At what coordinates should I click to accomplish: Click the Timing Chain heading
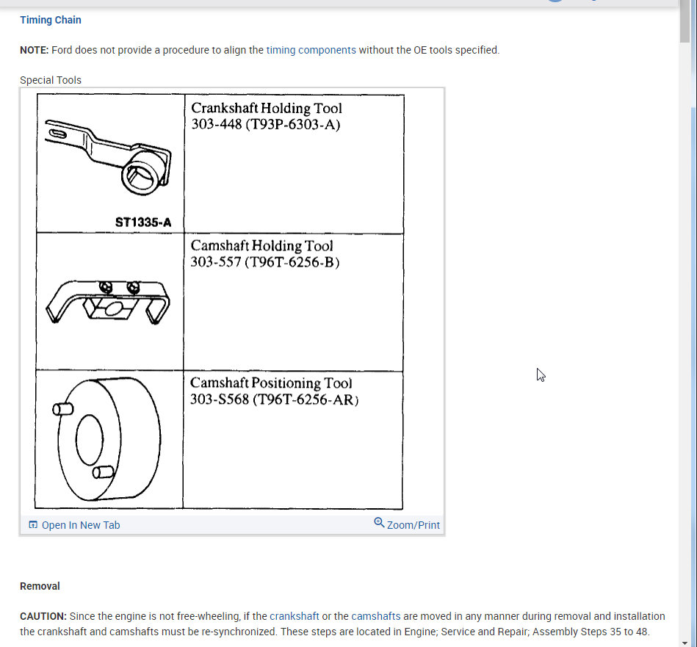tap(51, 20)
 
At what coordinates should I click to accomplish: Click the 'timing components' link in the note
tap(311, 50)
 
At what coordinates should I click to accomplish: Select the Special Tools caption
tap(51, 80)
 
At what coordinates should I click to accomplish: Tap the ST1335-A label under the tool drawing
tap(143, 222)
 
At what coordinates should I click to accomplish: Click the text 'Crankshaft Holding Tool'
tap(267, 108)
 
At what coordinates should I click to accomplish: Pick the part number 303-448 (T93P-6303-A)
tap(266, 124)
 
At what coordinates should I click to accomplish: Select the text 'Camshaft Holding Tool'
tap(262, 246)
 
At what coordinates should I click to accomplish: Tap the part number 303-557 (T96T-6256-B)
tap(264, 262)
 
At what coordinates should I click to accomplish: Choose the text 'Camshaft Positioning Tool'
tap(271, 383)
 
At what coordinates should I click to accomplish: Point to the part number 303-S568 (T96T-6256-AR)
tap(274, 400)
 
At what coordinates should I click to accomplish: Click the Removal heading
tap(40, 586)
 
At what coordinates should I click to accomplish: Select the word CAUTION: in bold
tap(43, 616)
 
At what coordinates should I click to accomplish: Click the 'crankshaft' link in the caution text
tap(295, 616)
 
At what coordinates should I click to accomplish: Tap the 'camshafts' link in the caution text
tap(376, 616)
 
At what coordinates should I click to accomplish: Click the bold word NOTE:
tap(34, 50)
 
